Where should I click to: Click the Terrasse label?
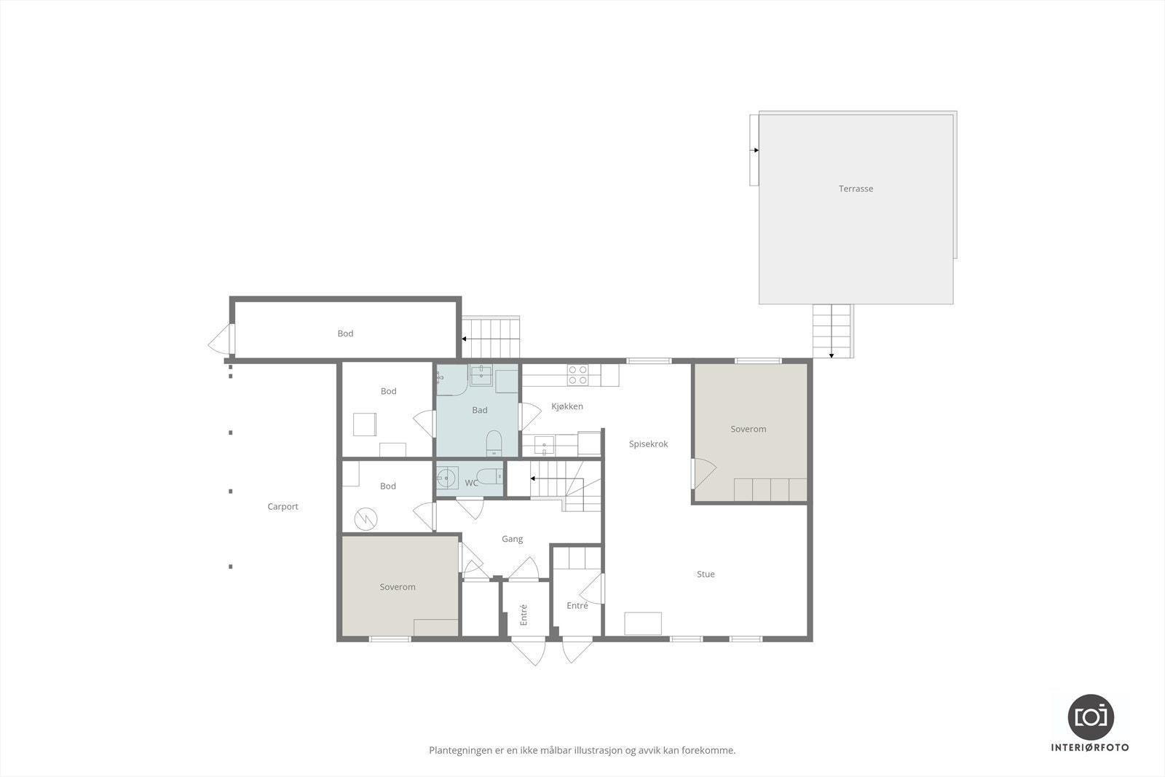pos(856,189)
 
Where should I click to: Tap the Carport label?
pos(283,507)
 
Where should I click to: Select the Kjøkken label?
pos(566,406)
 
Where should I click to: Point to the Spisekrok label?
pos(648,443)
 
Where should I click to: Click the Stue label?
pos(706,574)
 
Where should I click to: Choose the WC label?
pos(471,483)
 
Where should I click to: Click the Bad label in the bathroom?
pos(479,410)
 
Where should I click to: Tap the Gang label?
pos(512,539)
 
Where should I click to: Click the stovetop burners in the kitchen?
pos(578,375)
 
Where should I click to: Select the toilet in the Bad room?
pos(494,443)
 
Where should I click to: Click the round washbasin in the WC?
pos(446,478)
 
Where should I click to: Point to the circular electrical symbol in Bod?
pos(366,519)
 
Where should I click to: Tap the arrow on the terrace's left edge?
pos(756,151)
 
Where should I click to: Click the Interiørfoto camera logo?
pos(1091,717)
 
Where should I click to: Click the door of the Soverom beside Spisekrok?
pos(702,474)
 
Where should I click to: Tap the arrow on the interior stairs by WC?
pos(534,478)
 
